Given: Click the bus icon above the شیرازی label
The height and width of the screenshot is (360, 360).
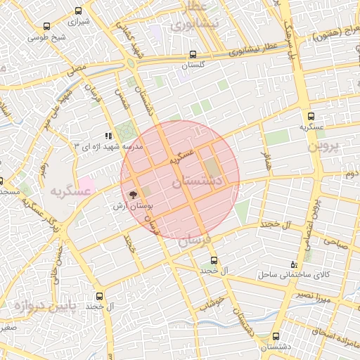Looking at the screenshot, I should click(x=77, y=11).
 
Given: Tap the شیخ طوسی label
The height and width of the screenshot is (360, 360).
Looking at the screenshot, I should click(x=53, y=37).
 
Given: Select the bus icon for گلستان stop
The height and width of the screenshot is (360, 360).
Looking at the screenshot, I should click(x=193, y=55).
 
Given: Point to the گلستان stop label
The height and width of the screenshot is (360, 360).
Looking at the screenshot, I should click(x=193, y=65).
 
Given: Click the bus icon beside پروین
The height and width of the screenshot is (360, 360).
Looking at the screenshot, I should click(x=311, y=117).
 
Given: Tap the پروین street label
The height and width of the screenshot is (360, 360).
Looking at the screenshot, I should click(x=324, y=148).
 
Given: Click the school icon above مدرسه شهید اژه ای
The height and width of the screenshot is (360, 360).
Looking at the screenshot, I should click(x=108, y=136).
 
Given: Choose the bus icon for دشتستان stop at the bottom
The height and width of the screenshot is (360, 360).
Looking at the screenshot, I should click(x=275, y=337).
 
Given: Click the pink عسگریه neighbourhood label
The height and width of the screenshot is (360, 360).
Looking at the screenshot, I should click(x=71, y=191).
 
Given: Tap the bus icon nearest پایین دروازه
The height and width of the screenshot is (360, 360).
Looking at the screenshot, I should click(x=98, y=296).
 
